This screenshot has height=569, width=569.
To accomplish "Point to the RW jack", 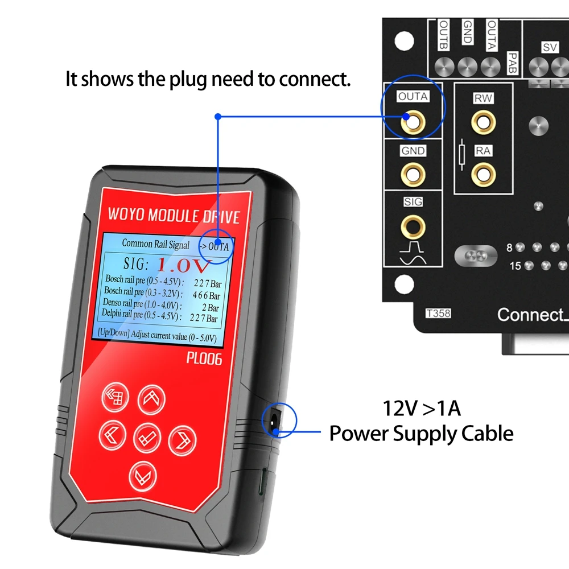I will click(x=484, y=121).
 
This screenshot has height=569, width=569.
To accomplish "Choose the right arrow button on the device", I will click(x=182, y=439).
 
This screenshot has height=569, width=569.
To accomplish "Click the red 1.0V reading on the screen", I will click(x=184, y=265).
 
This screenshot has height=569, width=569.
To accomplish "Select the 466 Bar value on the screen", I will click(x=206, y=296).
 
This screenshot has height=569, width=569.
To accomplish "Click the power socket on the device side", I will click(x=274, y=422).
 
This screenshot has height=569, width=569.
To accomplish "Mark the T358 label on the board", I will click(x=438, y=313).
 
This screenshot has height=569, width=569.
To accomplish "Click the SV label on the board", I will click(x=550, y=48).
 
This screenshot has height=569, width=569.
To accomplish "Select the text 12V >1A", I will click(x=421, y=409).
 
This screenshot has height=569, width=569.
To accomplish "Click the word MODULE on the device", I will click(x=170, y=217).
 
